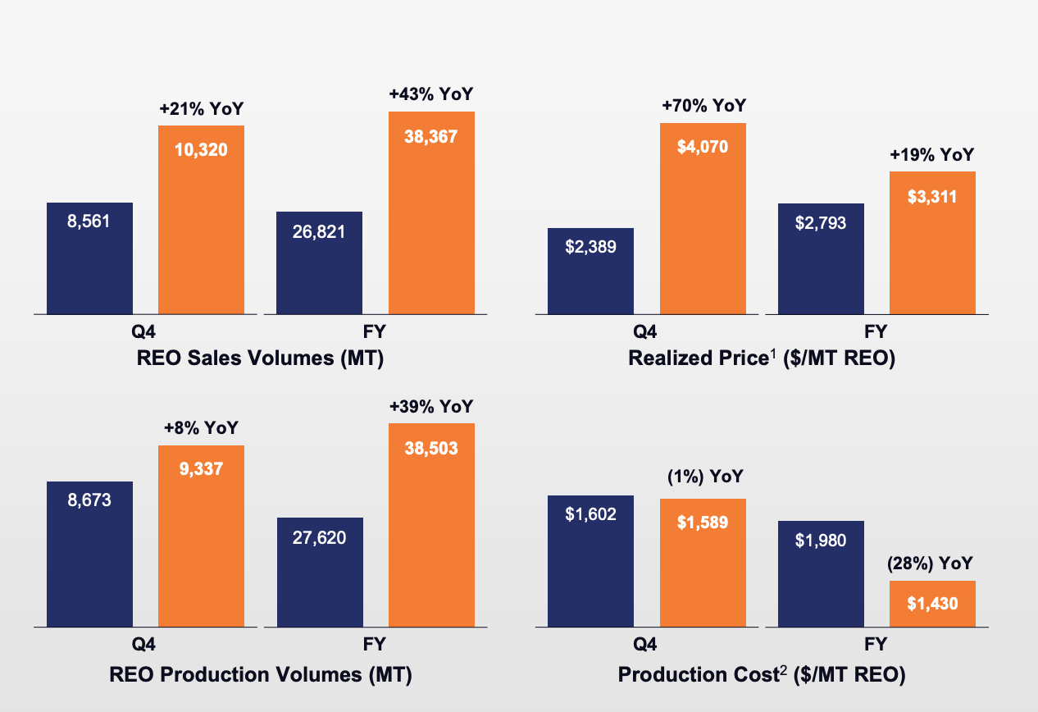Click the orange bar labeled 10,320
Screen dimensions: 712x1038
coord(201,219)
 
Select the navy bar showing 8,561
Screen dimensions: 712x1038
coord(89,258)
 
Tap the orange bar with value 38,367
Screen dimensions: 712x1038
coord(431,212)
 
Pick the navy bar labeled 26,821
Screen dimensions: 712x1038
coord(320,262)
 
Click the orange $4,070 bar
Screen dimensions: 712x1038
coord(703,218)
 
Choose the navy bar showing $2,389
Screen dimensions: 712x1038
coord(590,271)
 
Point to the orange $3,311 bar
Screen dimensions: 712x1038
coord(932,243)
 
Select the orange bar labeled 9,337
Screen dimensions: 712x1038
coord(201,536)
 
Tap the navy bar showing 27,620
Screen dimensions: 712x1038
coord(320,572)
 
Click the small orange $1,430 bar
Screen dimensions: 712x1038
coord(932,603)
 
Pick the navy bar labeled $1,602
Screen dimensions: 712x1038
coord(590,560)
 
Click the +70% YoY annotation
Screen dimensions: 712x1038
coord(703,106)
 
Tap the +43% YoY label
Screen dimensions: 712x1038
coord(431,94)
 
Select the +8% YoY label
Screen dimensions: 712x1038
coord(201,428)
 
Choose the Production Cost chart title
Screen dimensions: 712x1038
coord(761,675)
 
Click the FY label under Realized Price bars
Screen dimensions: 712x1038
coord(876,332)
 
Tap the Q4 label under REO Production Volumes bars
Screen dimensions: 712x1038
coord(145,645)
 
